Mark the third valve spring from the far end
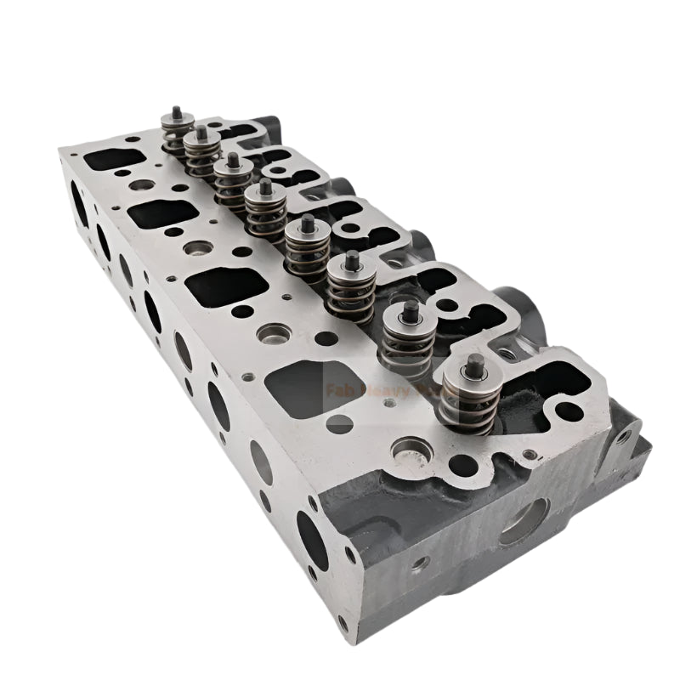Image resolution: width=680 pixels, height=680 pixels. click(x=232, y=183)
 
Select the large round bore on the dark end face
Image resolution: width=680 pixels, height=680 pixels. click(x=522, y=519)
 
